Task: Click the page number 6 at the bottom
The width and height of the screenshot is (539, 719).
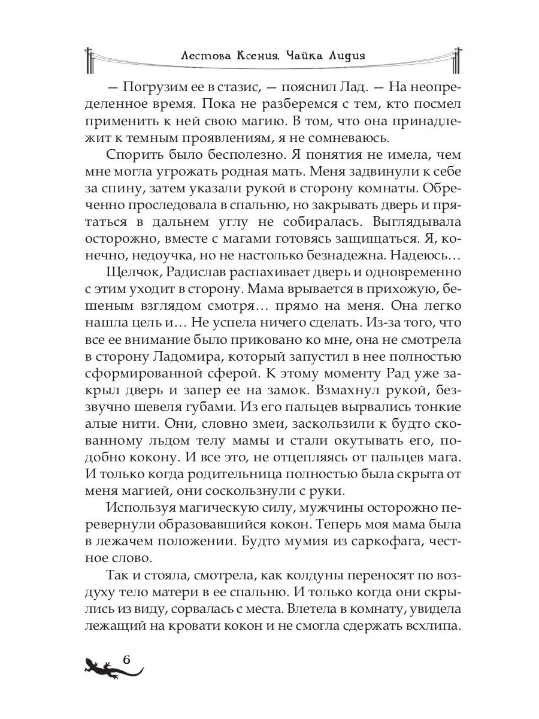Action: [126, 658]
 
